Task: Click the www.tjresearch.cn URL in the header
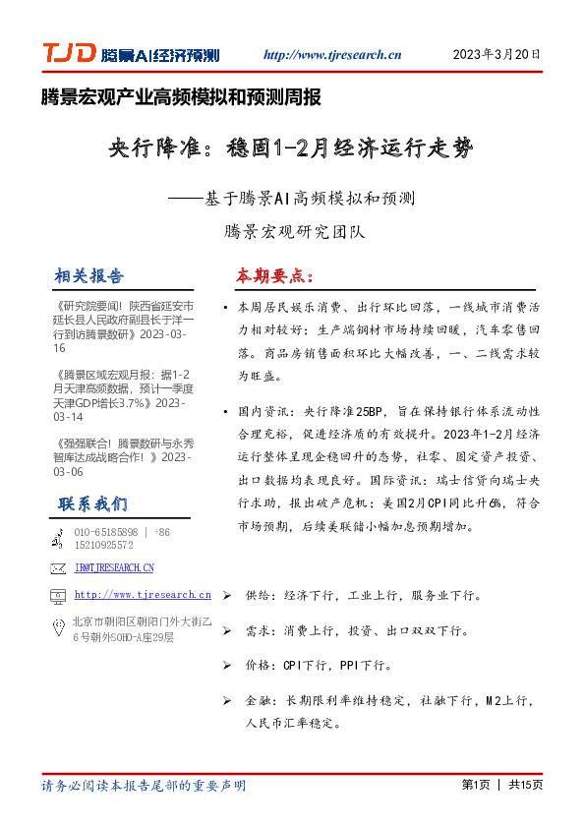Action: click(x=332, y=55)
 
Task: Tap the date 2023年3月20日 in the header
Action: click(x=497, y=55)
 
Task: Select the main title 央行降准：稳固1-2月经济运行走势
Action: click(x=291, y=149)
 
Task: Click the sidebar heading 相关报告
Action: click(x=89, y=275)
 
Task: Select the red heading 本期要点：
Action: click(x=274, y=275)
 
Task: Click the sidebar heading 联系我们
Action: click(x=92, y=503)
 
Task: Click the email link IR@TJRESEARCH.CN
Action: click(x=114, y=567)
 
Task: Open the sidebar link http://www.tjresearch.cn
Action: click(x=143, y=594)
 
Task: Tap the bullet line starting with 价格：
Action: click(x=315, y=665)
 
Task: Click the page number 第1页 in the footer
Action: click(x=475, y=785)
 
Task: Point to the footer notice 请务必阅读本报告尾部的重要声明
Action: click(x=144, y=786)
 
